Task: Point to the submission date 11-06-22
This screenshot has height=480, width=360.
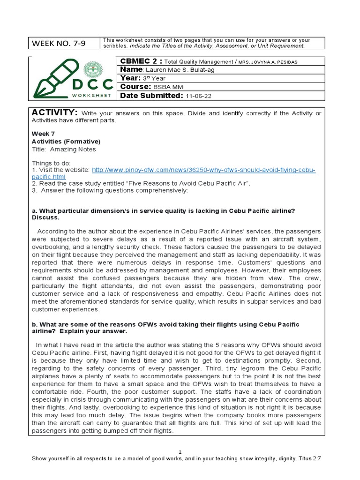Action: [199, 96]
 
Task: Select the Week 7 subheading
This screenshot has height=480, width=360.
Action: [43, 134]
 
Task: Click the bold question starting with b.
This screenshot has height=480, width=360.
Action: [165, 328]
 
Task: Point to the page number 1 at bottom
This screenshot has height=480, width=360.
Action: [180, 451]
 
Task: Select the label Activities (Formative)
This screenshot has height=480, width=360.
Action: [66, 141]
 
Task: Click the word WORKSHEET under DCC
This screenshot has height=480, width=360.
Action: [91, 95]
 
